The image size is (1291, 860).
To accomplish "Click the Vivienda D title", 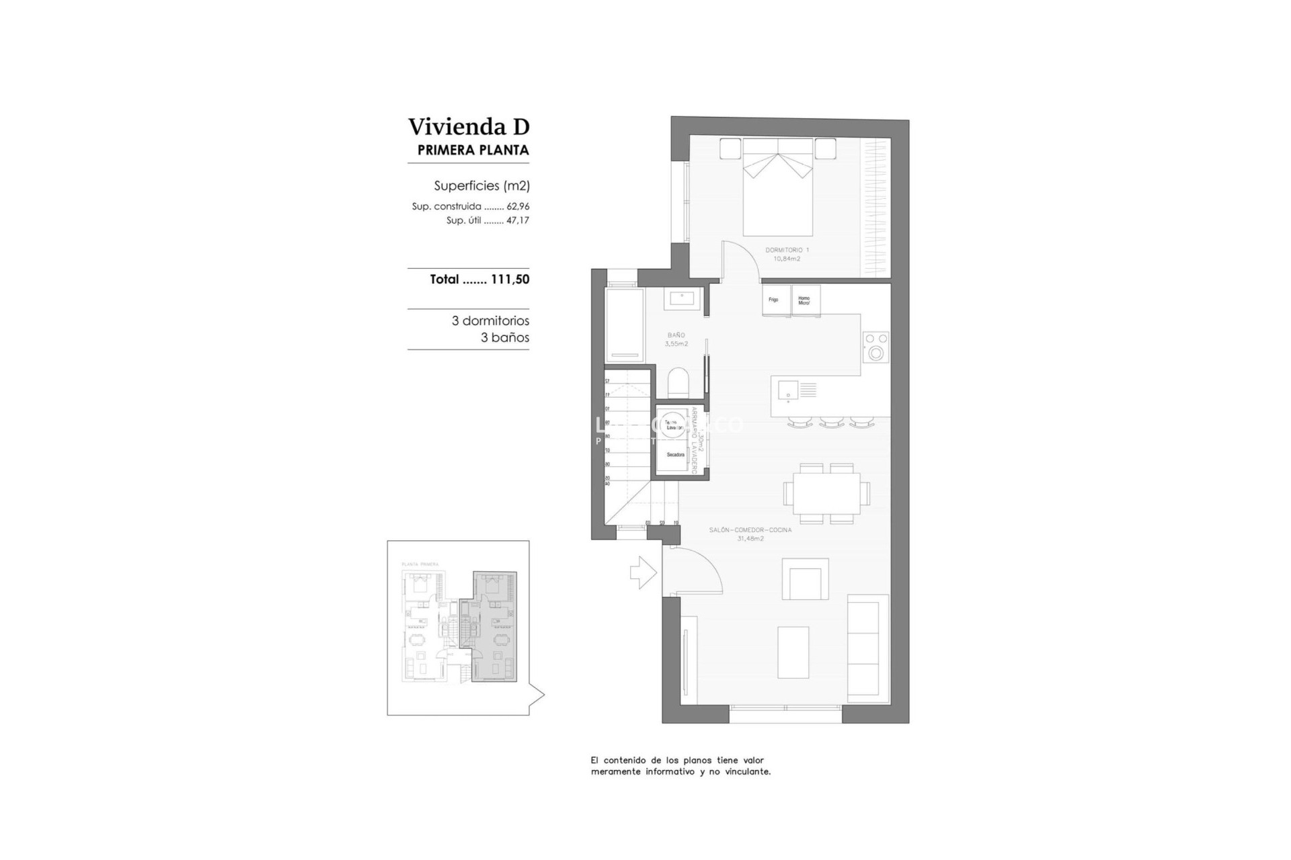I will tap(469, 126).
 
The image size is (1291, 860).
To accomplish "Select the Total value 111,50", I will tap(510, 279).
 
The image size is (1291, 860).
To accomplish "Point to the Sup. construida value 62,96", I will tap(518, 207).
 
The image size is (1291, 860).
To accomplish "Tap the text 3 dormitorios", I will tap(490, 321).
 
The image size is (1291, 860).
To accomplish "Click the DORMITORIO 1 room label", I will tap(787, 250).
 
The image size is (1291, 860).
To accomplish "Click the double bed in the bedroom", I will tap(778, 195).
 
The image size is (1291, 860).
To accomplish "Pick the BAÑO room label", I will tap(676, 335).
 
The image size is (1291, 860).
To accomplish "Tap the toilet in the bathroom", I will tap(678, 383).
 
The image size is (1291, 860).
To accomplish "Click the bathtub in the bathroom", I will tap(624, 325).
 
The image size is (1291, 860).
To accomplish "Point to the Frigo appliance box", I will tap(774, 300).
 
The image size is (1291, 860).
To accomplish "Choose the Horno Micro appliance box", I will tap(805, 300).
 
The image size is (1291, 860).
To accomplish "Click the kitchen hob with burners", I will tap(875, 347).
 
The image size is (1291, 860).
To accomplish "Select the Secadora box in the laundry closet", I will tap(675, 456).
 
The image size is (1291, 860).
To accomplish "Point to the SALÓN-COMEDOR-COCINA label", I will tap(750, 530).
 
